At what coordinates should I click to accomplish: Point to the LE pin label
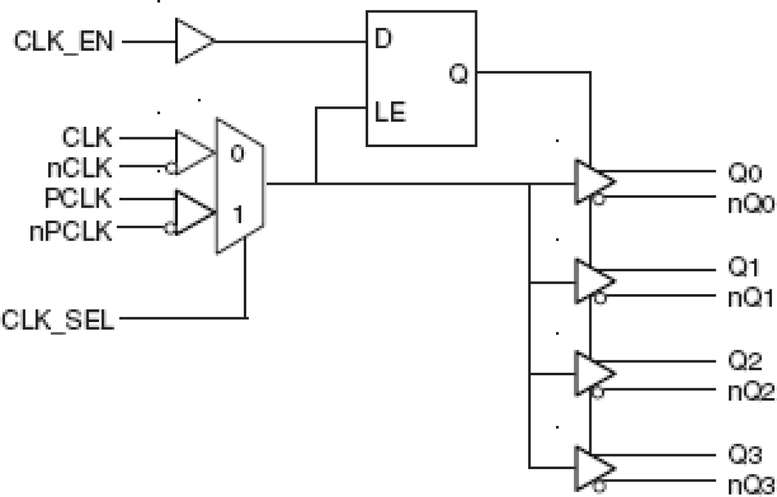tap(389, 113)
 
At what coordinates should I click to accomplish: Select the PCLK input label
tap(80, 199)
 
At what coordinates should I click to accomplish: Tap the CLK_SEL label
tap(59, 320)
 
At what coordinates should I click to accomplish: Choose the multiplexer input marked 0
tap(236, 154)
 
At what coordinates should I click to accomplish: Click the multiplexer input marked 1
tap(238, 216)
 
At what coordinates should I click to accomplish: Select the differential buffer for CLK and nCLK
tap(192, 152)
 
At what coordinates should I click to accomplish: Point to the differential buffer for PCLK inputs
tap(192, 213)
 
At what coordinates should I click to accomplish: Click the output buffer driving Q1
tap(593, 281)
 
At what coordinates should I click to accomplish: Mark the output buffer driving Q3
tap(593, 467)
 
